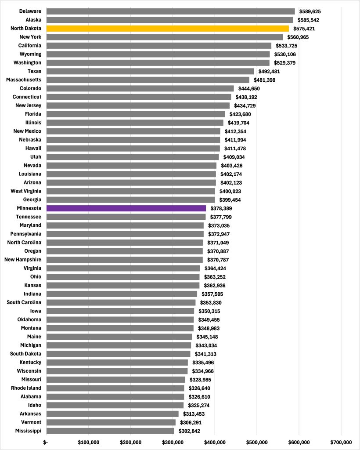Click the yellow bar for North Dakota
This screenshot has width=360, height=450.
[x=167, y=29]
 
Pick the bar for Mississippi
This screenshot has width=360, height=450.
[x=110, y=431]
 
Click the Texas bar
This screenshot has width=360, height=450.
[x=150, y=71]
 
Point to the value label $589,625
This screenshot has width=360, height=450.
[x=312, y=11]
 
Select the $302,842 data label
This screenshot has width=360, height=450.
[x=188, y=431]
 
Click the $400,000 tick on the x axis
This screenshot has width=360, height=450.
[x=215, y=442]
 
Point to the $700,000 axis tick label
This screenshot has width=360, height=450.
[x=341, y=442]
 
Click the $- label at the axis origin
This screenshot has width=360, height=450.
[x=46, y=442]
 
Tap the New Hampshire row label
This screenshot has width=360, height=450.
[x=23, y=260]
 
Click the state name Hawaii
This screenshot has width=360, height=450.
[x=32, y=149]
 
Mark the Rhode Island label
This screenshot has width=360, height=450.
[x=26, y=388]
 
